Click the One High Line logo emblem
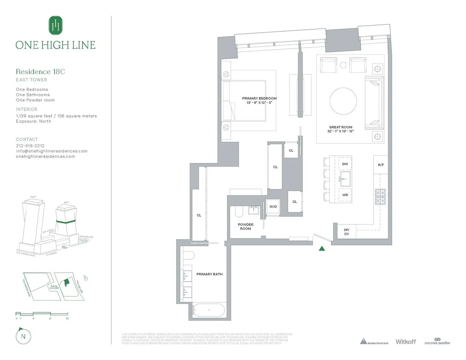point(55,25)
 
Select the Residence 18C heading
point(39,71)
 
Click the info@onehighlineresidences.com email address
point(52,151)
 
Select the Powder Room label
point(245,226)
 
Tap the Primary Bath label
point(209,274)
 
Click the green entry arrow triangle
point(322,249)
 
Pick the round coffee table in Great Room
point(343,101)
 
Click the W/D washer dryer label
point(273,207)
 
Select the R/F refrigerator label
point(381,165)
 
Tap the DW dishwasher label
point(345,164)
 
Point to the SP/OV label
point(346,232)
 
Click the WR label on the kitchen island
point(345,195)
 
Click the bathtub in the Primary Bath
point(209,310)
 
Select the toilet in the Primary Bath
point(189,257)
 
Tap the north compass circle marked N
point(24,336)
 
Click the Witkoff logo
point(405,341)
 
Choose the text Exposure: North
point(33,121)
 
